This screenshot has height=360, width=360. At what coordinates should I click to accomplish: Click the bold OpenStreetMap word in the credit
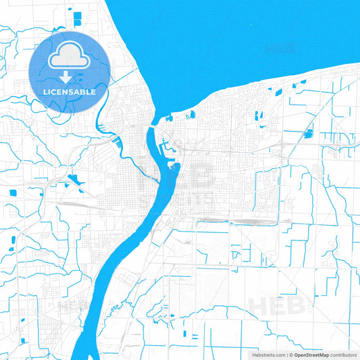(311, 355)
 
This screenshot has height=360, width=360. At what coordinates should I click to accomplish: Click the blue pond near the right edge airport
(309, 134)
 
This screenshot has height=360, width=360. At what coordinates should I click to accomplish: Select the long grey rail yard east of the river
(250, 222)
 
